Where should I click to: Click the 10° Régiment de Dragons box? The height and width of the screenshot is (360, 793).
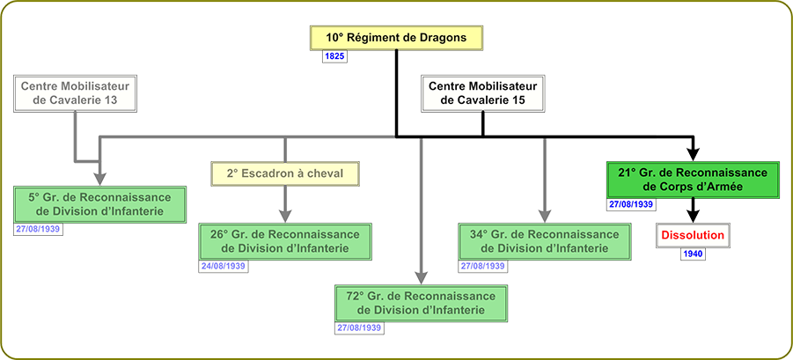[396, 38]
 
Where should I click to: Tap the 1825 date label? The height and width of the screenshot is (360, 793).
[334, 56]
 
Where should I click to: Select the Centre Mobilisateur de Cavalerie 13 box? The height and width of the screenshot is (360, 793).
[76, 93]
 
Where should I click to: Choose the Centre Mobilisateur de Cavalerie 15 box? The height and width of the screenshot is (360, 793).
[483, 93]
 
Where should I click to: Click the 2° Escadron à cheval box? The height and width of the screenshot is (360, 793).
[285, 173]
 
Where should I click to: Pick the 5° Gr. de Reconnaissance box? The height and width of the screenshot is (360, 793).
[100, 204]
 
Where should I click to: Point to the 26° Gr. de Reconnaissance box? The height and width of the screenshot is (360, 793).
[285, 242]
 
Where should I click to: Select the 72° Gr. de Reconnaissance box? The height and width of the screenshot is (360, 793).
[422, 303]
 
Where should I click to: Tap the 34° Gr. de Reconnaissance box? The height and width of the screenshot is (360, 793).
[545, 242]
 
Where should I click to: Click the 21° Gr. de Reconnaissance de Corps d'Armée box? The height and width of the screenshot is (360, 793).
[693, 180]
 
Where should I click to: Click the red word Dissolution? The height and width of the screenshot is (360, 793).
[693, 235]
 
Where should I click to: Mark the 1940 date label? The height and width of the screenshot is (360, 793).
[693, 253]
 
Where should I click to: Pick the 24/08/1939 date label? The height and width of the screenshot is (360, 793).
[224, 266]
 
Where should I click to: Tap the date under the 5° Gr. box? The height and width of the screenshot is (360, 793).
[39, 229]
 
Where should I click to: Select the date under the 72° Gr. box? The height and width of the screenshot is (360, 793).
[360, 327]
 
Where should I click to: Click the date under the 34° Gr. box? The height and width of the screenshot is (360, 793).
[483, 266]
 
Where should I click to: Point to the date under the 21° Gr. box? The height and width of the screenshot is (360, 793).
[631, 204]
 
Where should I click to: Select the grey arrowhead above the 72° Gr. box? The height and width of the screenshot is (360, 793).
[422, 277]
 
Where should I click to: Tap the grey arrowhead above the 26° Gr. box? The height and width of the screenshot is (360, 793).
[285, 216]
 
